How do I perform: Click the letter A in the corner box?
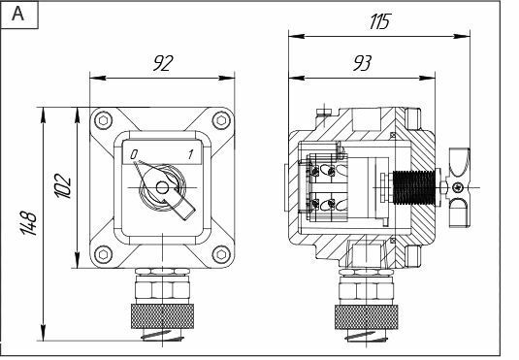[17, 14]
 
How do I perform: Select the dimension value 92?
[163, 63]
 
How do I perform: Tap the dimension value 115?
[380, 21]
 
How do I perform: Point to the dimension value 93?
[363, 63]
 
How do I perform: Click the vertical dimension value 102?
[63, 185]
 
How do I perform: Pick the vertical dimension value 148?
[29, 222]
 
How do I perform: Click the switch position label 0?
[134, 154]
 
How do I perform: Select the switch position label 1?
[190, 154]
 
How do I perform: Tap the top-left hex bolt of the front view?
[103, 120]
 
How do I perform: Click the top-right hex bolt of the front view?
[221, 120]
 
